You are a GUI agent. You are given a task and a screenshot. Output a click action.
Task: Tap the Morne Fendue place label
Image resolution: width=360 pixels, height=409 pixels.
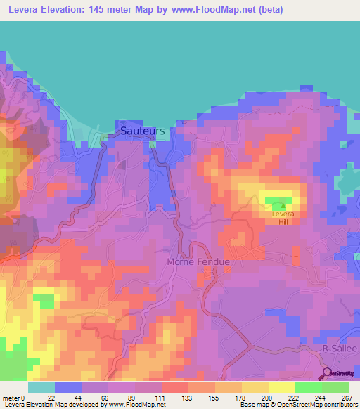coord(198,261)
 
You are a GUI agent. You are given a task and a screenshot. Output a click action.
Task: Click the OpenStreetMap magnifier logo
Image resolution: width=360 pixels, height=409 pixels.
coord(328,374)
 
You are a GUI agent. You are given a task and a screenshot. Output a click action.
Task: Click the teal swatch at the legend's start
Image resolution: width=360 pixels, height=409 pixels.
coord(41,387)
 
